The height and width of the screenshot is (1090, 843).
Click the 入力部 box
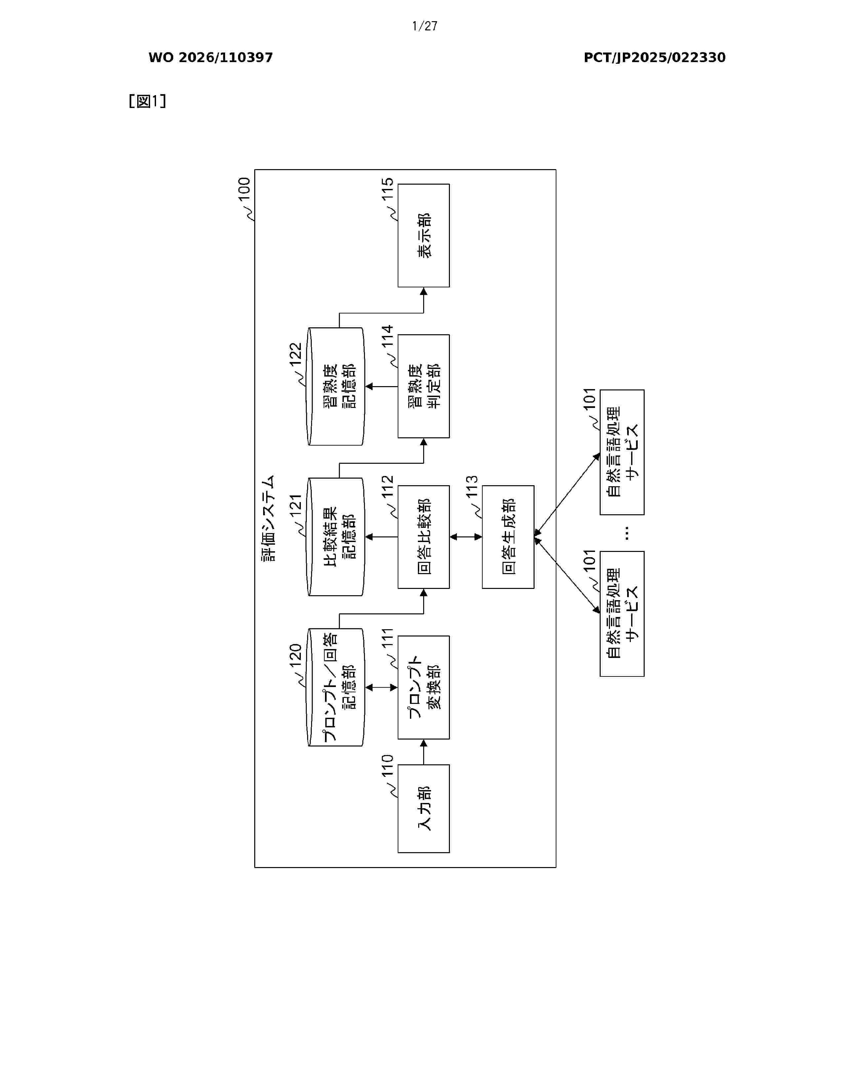click(423, 809)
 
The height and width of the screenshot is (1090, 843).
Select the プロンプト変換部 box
click(423, 687)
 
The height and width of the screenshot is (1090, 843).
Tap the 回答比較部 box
click(423, 537)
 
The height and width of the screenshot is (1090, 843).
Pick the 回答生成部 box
click(508, 537)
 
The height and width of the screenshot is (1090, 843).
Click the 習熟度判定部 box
click(423, 386)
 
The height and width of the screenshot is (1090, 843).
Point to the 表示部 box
click(423, 236)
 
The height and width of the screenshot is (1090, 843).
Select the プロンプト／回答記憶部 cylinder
click(335, 687)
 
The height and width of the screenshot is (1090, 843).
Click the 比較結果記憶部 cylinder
click(335, 537)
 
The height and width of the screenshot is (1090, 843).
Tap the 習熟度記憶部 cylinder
click(335, 386)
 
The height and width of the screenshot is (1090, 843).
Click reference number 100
click(244, 189)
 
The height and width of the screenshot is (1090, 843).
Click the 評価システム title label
click(269, 518)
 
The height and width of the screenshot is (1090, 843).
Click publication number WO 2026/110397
click(211, 58)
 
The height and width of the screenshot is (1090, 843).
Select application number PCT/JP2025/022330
click(655, 58)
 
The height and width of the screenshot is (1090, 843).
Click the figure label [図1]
click(147, 101)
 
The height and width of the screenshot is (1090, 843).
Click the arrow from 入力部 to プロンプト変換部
click(423, 752)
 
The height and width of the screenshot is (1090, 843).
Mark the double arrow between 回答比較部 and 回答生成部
click(466, 537)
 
